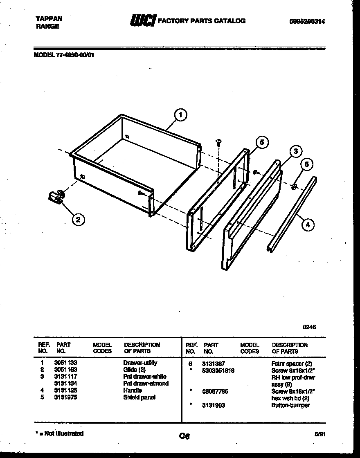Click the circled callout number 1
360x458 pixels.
[x=180, y=115]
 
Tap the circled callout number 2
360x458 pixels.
[x=78, y=220]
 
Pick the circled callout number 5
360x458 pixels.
[x=262, y=142]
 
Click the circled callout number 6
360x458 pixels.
[x=307, y=164]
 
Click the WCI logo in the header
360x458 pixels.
[x=142, y=20]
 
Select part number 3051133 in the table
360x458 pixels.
[x=65, y=363]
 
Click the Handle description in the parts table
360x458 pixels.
[x=132, y=391]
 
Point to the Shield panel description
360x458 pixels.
[x=139, y=397]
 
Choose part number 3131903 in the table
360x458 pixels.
[x=213, y=405]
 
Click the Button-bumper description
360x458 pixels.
[x=290, y=405]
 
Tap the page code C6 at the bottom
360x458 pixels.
[x=184, y=436]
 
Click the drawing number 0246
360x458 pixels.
[x=309, y=327]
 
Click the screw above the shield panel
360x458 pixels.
[x=219, y=142]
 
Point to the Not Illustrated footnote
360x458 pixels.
[x=60, y=433]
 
